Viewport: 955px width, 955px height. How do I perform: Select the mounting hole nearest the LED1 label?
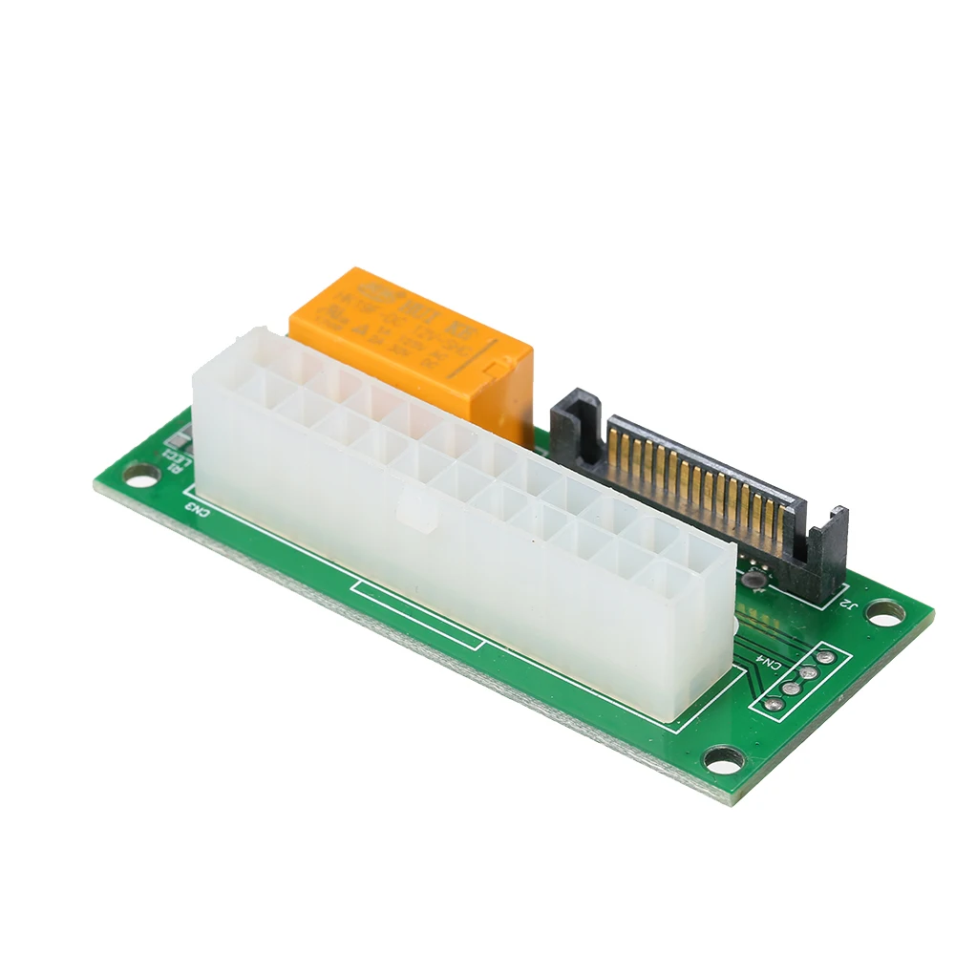[x=139, y=472]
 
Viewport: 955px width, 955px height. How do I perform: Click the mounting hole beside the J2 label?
[x=884, y=611]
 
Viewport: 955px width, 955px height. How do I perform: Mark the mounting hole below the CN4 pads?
[x=723, y=759]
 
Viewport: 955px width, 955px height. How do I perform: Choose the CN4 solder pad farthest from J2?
[x=775, y=704]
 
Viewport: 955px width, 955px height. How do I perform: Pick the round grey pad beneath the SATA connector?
[x=754, y=576]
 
